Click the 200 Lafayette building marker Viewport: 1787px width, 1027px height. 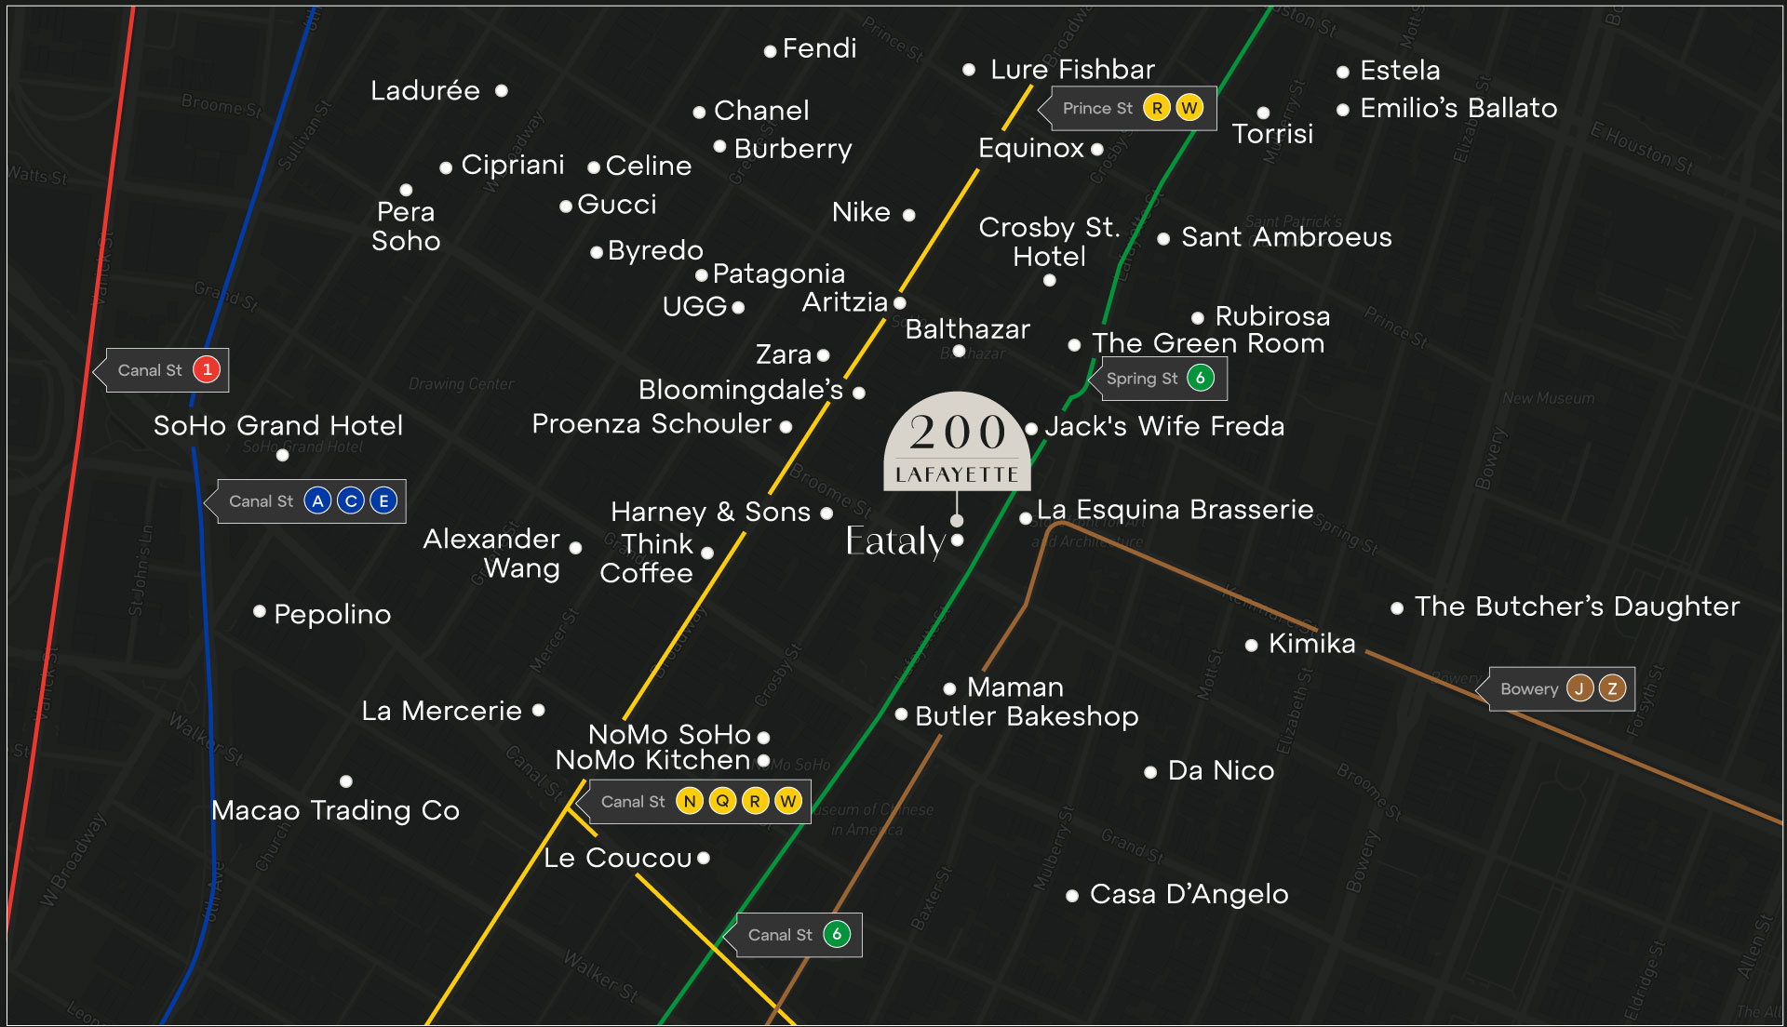point(957,443)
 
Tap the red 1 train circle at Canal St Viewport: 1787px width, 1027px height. point(207,370)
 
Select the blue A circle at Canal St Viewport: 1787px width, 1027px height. point(317,501)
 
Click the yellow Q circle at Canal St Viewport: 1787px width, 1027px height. point(722,801)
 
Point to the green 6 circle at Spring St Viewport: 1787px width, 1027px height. point(1201,378)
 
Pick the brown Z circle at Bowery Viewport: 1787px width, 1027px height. point(1612,688)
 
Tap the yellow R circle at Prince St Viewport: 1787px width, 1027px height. point(1156,108)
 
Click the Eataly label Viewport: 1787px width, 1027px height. point(895,541)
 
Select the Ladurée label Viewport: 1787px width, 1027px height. point(425,91)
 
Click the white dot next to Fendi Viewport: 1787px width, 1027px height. point(770,52)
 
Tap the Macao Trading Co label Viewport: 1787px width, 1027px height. point(335,810)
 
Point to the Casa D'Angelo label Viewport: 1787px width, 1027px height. point(1189,894)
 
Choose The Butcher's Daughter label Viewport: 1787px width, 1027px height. point(1577,607)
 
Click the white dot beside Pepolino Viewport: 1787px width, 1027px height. point(260,611)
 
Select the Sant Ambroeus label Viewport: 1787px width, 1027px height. point(1286,237)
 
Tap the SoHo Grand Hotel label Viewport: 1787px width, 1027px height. point(278,426)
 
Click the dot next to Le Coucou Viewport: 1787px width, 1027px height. point(704,858)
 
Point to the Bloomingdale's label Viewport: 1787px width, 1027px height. point(741,390)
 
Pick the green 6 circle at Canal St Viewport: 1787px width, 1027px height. point(837,934)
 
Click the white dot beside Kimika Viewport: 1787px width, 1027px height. point(1252,645)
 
